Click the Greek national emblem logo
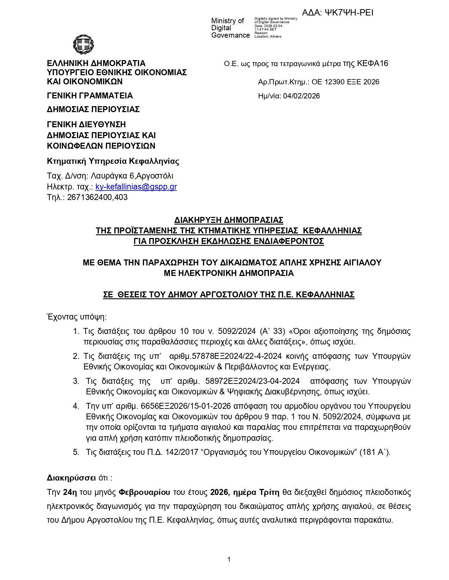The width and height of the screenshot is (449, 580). coord(83,44)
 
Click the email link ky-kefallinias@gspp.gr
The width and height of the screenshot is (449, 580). coord(136,187)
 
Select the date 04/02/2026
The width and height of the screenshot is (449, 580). coord(301,96)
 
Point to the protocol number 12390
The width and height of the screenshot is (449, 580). coord(335,82)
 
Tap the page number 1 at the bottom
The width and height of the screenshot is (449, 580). coord(229,559)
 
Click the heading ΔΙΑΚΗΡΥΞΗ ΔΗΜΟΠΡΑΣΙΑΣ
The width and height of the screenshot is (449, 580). coord(229,220)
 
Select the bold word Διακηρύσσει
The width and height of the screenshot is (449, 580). coord(71,478)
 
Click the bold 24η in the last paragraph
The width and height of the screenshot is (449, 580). coord(70,492)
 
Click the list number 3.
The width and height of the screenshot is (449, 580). coord(76,381)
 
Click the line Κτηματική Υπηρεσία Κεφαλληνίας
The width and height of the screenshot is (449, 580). coord(113,161)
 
